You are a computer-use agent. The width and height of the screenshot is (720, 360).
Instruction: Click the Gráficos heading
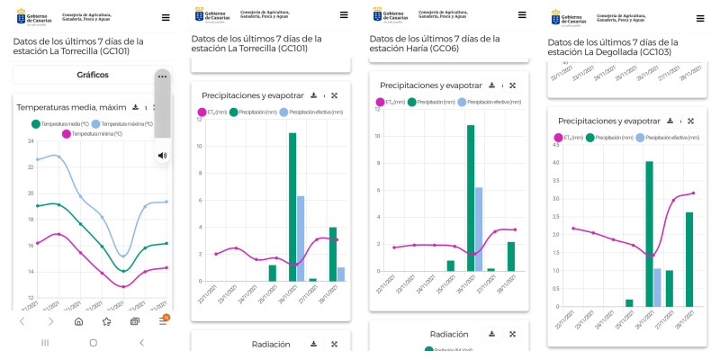coord(93,75)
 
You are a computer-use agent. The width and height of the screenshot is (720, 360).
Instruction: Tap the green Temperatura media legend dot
coord(36,123)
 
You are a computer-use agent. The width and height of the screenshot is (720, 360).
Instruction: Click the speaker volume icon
coord(162,156)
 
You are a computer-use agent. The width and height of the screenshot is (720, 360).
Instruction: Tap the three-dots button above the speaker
coord(162,76)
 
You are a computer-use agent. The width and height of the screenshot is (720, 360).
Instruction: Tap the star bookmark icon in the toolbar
coord(107,320)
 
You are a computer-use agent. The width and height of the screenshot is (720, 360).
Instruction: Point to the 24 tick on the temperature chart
coord(30,141)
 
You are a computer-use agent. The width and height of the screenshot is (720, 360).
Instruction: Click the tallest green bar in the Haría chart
coord(471,197)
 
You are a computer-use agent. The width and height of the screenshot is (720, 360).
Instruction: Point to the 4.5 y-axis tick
coord(557,145)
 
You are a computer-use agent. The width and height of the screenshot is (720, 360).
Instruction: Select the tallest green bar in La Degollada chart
coord(649,233)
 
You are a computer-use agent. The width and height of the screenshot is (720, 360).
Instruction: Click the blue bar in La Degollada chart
coord(657,287)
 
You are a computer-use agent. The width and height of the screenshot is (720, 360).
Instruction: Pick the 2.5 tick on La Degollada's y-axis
coord(557,217)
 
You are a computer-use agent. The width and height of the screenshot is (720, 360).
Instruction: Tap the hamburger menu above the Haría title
coord(522,16)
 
